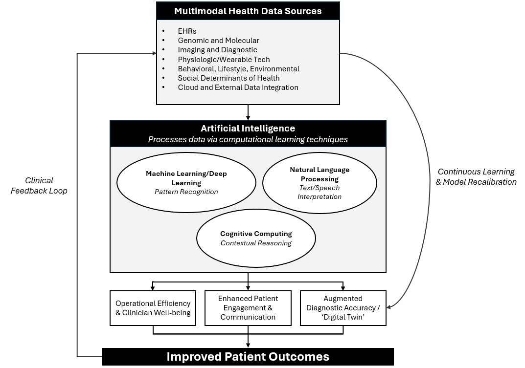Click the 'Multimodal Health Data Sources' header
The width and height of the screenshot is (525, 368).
(248, 11)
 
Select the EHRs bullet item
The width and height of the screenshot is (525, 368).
(187, 31)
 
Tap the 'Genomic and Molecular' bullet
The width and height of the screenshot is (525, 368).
(218, 41)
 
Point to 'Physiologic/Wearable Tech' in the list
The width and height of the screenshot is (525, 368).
(224, 60)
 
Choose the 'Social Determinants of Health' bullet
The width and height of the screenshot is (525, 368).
(228, 78)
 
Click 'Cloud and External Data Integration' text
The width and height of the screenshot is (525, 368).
(238, 87)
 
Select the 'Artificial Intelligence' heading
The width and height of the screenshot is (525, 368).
(248, 129)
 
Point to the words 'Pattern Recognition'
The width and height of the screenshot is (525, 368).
(186, 192)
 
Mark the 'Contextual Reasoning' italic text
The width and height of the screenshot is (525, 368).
(256, 243)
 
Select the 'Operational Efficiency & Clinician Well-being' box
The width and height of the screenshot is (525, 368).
(153, 308)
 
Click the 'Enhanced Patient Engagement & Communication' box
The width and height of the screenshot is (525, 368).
(248, 308)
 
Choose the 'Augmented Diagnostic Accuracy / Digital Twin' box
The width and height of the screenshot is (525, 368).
(343, 308)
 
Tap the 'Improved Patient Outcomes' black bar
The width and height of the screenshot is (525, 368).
(248, 357)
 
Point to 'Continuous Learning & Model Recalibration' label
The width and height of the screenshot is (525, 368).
(476, 177)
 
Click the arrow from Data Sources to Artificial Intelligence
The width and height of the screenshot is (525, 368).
(248, 112)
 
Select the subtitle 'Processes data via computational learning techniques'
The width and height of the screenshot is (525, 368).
(248, 140)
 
